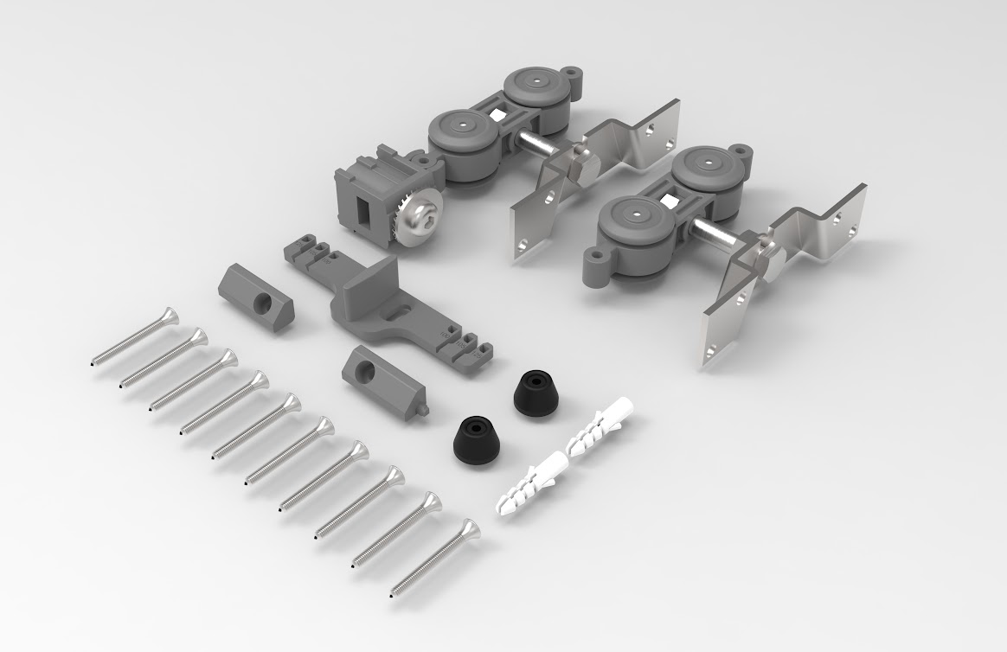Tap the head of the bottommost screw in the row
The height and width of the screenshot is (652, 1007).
click(468, 528)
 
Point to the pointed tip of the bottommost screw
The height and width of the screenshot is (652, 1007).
click(393, 596)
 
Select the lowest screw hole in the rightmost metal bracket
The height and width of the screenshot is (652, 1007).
click(711, 352)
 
